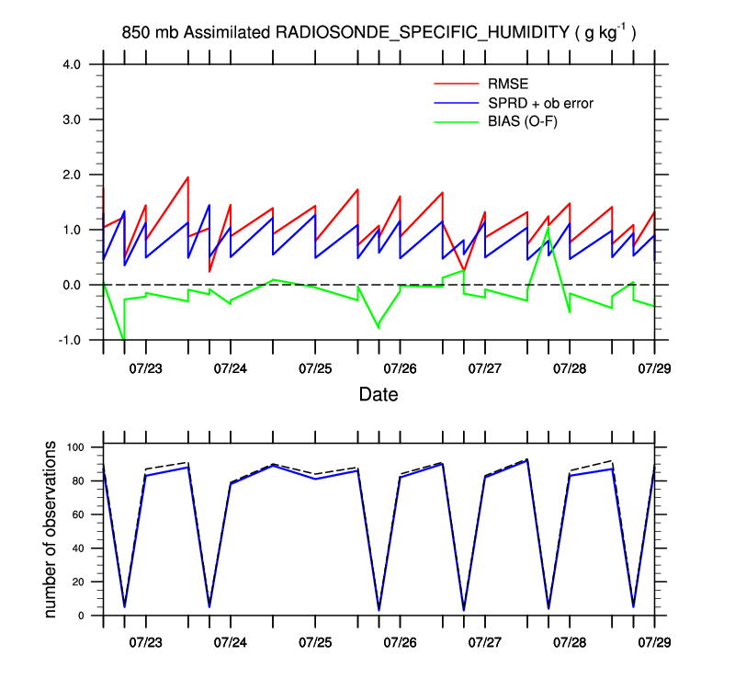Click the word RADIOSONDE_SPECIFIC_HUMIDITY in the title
pyautogui.click(x=423, y=33)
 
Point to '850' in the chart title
pyautogui.click(x=134, y=33)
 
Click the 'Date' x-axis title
pyautogui.click(x=379, y=395)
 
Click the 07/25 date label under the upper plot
pyautogui.click(x=314, y=368)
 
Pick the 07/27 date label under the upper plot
pyautogui.click(x=484, y=368)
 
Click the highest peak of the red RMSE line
pyautogui.click(x=187, y=177)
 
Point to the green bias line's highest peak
pyautogui.click(x=548, y=228)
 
